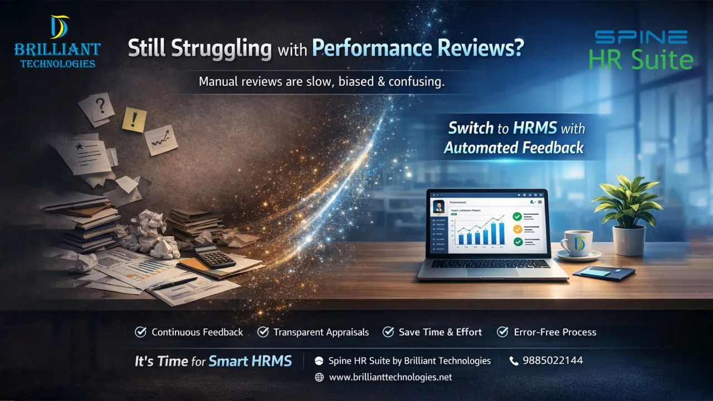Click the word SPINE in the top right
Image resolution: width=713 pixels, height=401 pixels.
point(641,37)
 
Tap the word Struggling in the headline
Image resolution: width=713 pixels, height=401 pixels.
point(221,48)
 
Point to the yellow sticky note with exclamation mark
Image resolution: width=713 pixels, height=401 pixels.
point(134,119)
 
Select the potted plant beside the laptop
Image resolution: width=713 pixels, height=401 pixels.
point(627,214)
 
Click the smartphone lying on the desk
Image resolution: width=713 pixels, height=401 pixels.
point(604,272)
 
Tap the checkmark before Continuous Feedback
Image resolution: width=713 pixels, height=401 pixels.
point(141,332)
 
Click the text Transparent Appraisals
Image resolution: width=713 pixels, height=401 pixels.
point(321,332)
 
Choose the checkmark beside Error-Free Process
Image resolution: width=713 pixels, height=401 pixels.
point(502,332)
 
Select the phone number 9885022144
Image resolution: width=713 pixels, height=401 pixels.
point(553,360)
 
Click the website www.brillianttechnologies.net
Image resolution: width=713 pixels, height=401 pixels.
point(390,377)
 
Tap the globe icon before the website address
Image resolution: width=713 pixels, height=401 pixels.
point(319,377)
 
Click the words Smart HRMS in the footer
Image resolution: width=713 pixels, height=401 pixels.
point(250,361)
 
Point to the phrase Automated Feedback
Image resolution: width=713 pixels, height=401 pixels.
point(514,148)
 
